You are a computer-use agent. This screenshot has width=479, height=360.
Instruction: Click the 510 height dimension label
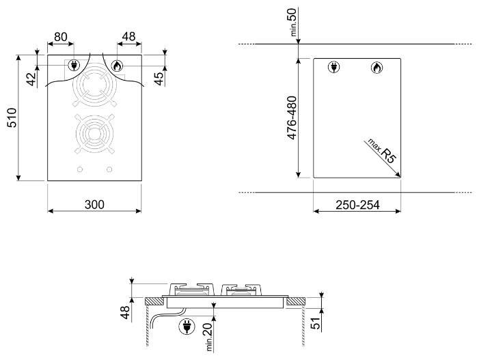pos(12,118)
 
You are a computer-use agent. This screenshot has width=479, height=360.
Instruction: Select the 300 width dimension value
pos(94,204)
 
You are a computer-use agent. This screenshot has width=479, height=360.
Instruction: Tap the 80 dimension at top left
pos(61,37)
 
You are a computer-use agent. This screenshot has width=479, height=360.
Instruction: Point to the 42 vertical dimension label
pos(32,79)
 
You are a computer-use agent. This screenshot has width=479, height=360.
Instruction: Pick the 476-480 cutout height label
pos(292,118)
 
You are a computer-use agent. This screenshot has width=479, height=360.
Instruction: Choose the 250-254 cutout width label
pos(357,205)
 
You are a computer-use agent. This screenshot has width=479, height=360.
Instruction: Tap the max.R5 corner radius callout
pos(382,150)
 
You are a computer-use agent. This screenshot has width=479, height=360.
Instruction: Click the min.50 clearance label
pos(292,22)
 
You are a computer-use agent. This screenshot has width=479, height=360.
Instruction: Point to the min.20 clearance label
pos(208,337)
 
